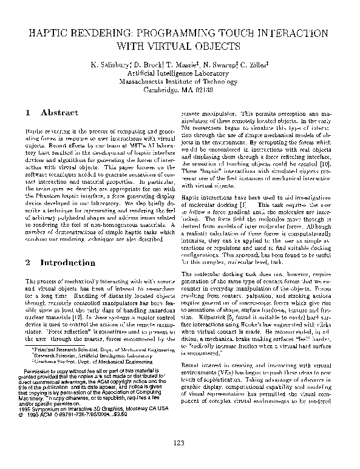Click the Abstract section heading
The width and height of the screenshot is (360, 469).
[x=59, y=113]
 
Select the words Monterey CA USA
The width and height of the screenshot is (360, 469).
[x=137, y=410]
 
